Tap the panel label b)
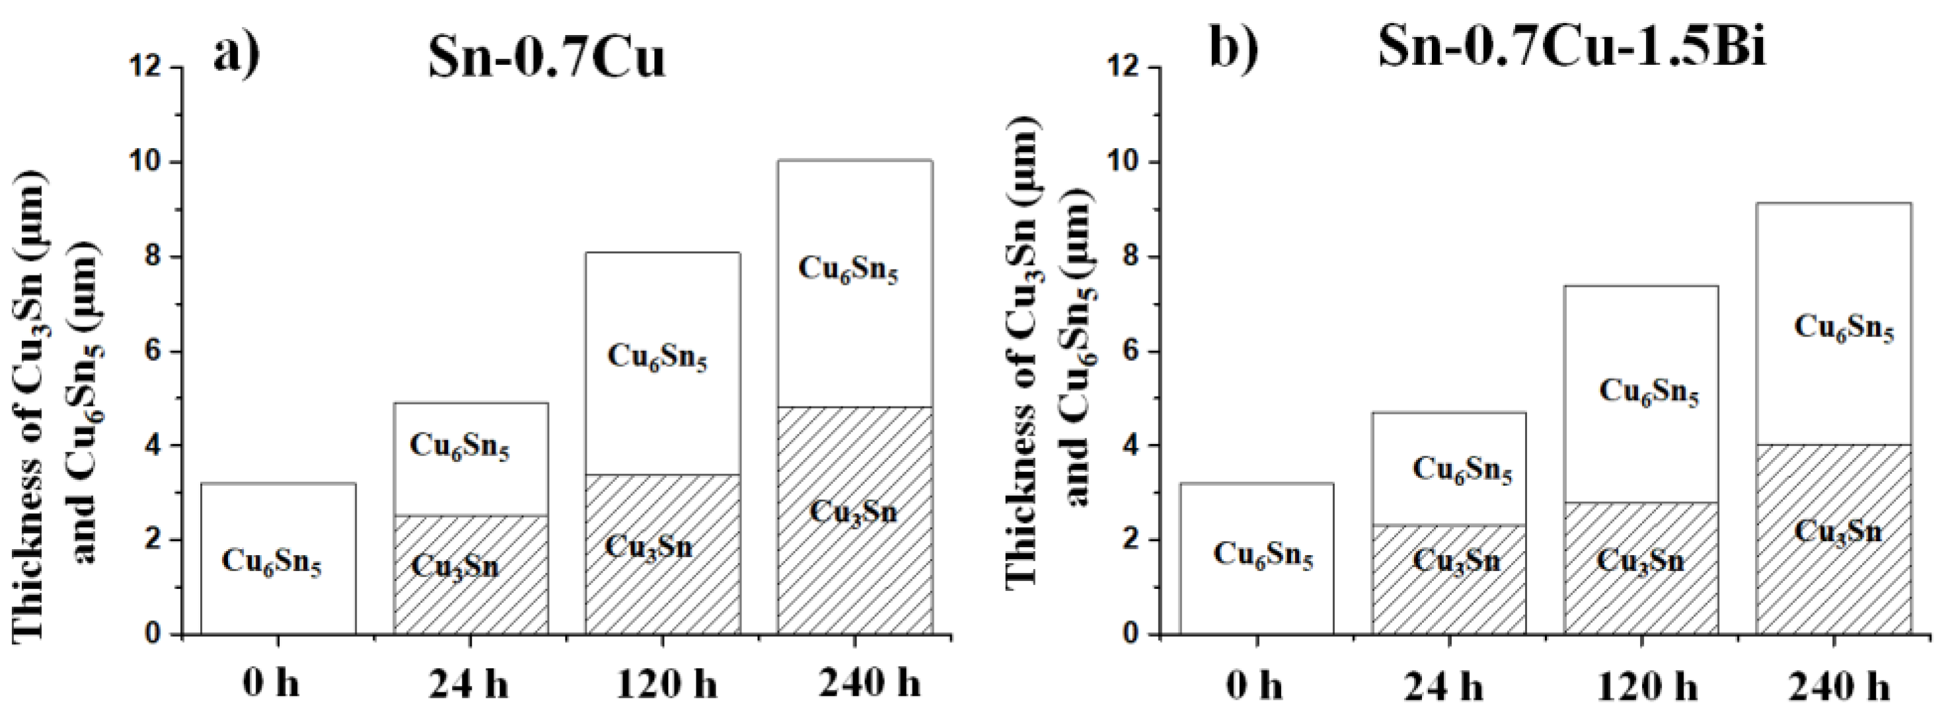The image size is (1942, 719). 1234,47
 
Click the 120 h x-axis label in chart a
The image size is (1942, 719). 667,685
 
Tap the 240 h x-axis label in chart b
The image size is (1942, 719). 1842,687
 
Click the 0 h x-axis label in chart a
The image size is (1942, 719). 271,685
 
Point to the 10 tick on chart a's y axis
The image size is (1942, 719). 151,163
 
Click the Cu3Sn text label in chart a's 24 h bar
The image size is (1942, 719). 455,566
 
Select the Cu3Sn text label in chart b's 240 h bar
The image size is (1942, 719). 1838,532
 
